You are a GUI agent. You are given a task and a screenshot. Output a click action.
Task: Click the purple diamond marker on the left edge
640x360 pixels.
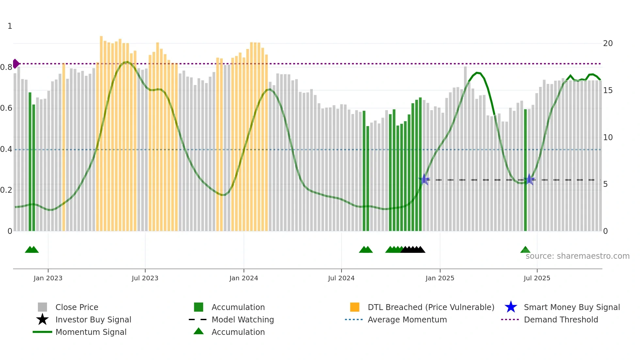click(x=16, y=64)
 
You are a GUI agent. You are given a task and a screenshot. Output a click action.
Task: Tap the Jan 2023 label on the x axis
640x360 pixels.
click(x=48, y=278)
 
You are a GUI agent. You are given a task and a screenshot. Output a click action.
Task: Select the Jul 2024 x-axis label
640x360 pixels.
click(x=341, y=278)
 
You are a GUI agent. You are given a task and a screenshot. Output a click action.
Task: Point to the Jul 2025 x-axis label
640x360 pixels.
click(x=537, y=278)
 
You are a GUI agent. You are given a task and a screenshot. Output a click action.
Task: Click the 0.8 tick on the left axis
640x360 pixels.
click(x=6, y=67)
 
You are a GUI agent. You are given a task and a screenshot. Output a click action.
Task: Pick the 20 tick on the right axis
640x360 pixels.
click(x=608, y=43)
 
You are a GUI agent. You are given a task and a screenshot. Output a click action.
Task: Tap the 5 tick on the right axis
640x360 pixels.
click(x=605, y=184)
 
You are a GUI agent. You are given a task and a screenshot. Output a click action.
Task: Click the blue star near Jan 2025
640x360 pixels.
click(x=424, y=179)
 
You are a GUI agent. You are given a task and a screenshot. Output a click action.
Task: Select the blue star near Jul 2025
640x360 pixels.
click(x=529, y=179)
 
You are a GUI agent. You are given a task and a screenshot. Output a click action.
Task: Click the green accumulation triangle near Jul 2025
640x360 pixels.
click(x=525, y=250)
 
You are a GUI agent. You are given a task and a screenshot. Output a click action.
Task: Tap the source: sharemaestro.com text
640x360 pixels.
click(x=577, y=256)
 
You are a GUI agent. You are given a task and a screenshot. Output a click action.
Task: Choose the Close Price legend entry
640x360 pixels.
click(x=77, y=307)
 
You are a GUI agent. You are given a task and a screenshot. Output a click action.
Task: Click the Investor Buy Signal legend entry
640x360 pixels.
click(x=93, y=319)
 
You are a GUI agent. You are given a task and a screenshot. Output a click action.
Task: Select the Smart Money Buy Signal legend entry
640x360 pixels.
click(x=571, y=307)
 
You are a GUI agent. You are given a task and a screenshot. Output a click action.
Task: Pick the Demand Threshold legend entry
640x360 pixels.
click(x=561, y=319)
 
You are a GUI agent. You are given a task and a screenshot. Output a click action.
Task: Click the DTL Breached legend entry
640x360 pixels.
click(x=431, y=307)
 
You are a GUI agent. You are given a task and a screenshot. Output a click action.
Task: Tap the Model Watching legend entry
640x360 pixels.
click(x=242, y=319)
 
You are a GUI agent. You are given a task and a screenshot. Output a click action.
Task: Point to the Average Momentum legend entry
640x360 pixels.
click(x=407, y=319)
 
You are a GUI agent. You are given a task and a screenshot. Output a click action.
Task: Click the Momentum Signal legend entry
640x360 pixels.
click(x=91, y=332)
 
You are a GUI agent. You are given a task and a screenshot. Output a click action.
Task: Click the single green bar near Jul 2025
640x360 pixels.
click(x=525, y=170)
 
